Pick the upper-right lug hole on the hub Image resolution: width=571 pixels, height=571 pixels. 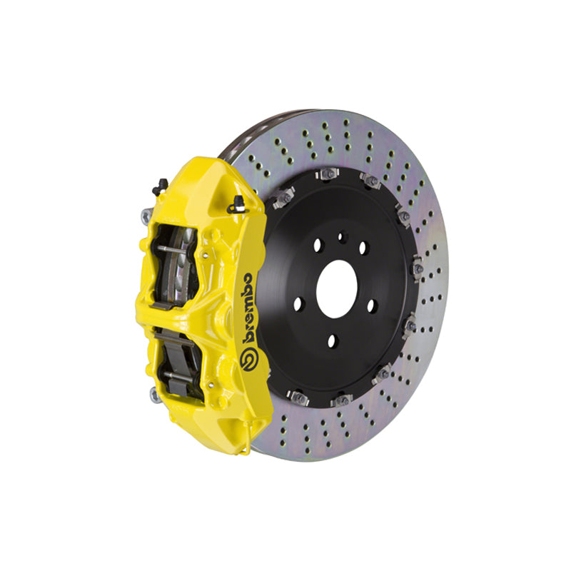(362, 248)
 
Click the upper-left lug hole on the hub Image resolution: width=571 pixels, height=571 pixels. (317, 244)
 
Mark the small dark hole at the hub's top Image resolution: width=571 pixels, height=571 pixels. (341, 235)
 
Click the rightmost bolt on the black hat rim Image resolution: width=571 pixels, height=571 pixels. (417, 268)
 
